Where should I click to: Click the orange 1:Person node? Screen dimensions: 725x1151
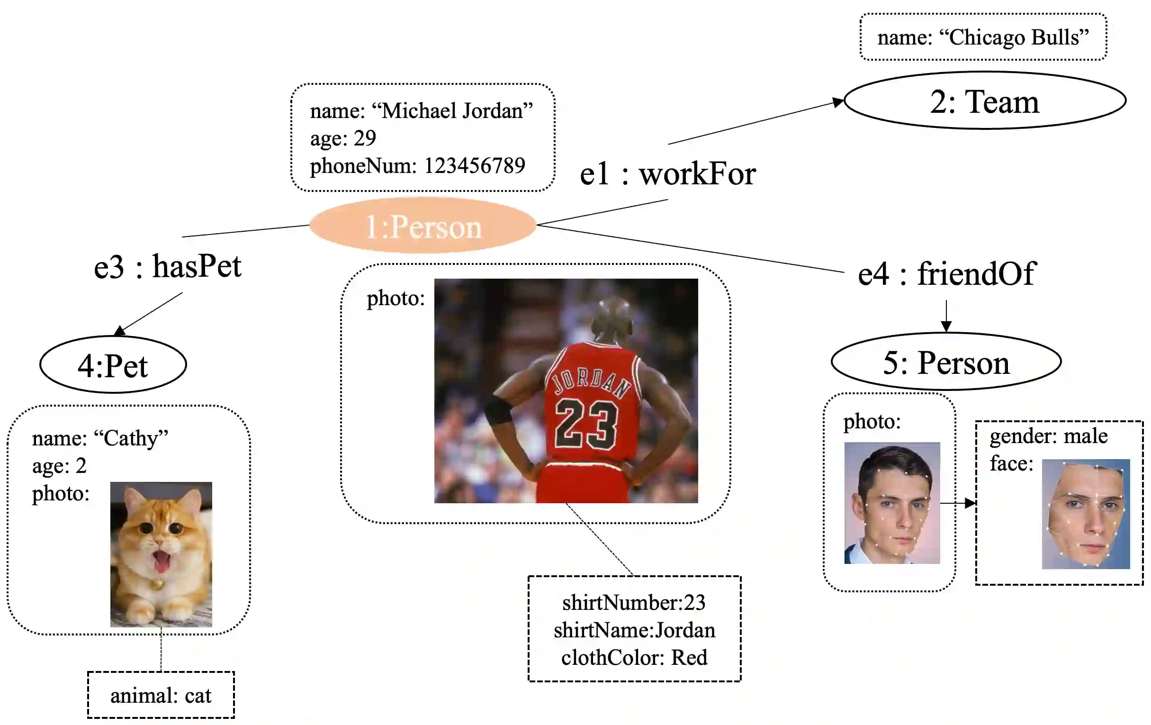click(423, 226)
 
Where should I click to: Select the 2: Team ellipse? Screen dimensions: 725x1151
click(985, 101)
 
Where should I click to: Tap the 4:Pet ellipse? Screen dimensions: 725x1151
click(113, 365)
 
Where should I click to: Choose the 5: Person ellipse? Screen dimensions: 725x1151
click(946, 362)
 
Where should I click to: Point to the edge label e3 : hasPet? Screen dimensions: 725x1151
click(167, 266)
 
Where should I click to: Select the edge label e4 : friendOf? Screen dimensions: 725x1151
click(946, 273)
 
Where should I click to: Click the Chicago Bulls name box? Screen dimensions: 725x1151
click(983, 37)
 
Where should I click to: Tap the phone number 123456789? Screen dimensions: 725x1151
click(475, 166)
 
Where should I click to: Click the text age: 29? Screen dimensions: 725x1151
click(343, 138)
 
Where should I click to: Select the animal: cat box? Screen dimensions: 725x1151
click(161, 695)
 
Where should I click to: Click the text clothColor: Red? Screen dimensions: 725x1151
click(634, 658)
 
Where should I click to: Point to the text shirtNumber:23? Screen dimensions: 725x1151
click(634, 603)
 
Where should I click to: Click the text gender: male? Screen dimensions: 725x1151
click(1048, 436)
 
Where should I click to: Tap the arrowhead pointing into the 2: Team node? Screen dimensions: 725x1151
click(838, 102)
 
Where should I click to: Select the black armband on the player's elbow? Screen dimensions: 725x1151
click(499, 410)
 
